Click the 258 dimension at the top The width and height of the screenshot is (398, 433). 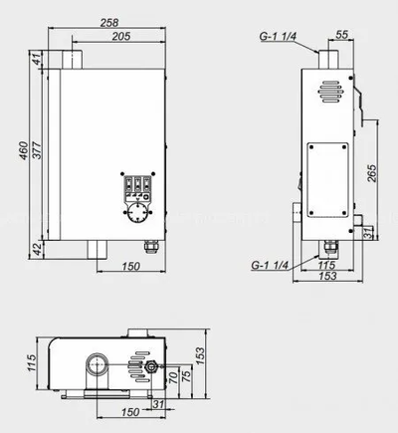point(109,23)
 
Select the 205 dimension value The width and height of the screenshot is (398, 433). point(121,36)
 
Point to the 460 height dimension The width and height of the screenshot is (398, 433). point(23,151)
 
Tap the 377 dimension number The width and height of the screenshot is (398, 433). point(37,150)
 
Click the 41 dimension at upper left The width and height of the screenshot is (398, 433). point(37,59)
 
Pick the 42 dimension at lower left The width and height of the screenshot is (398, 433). point(39,249)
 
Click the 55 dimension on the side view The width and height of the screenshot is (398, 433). point(342,35)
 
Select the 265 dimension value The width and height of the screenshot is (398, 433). point(372,173)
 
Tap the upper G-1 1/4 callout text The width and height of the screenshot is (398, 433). point(278,36)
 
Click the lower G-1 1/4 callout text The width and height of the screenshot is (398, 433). point(270,265)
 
